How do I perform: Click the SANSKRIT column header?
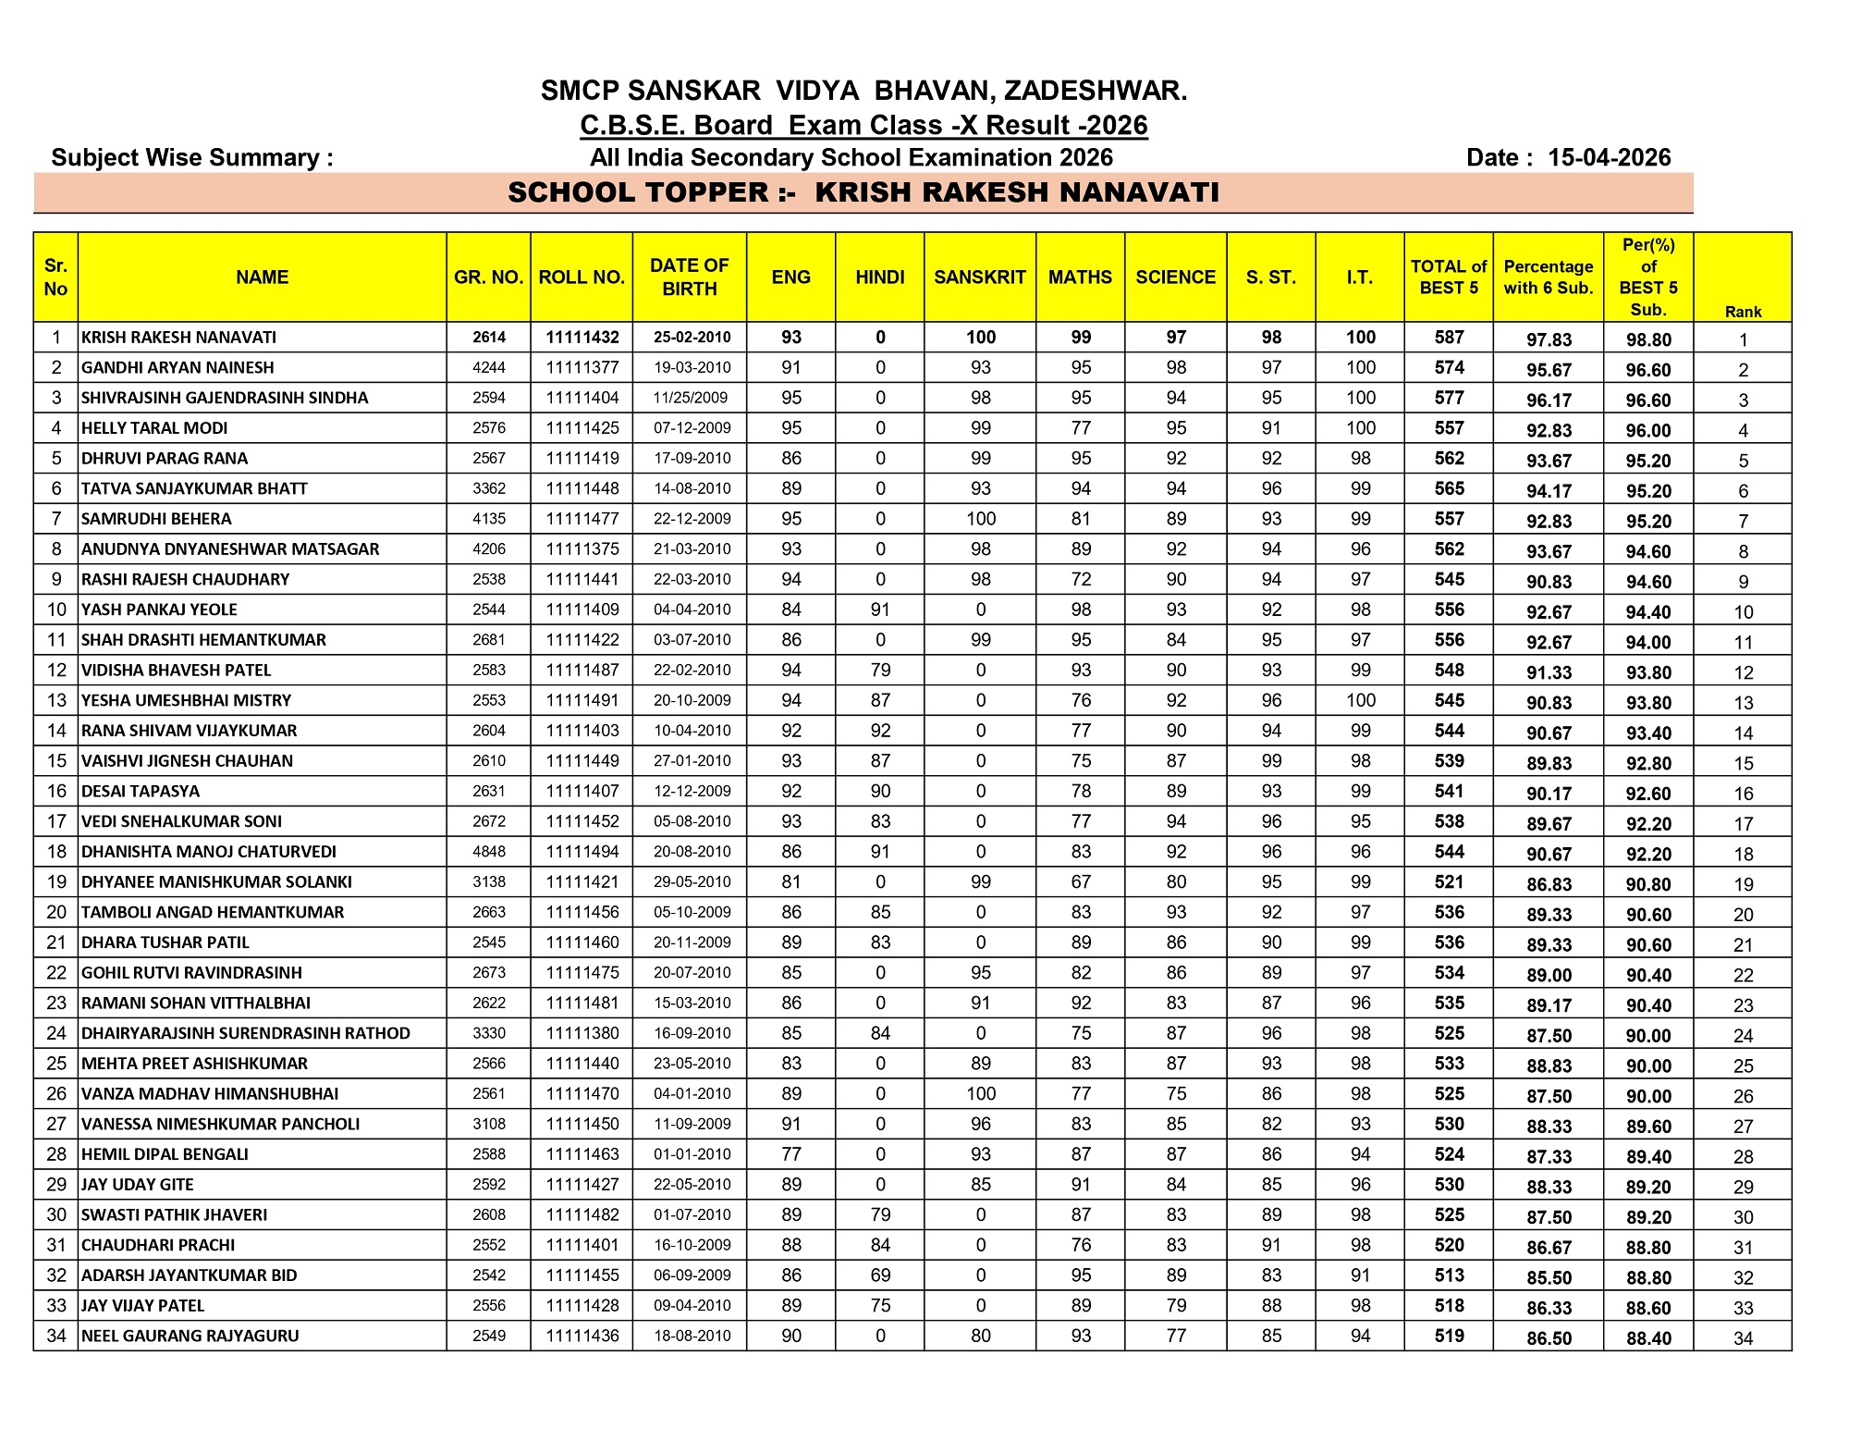[979, 277]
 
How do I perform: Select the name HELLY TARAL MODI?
[154, 428]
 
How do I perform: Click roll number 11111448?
[582, 488]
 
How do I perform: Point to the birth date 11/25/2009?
[691, 398]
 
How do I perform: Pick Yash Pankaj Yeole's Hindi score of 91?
[879, 610]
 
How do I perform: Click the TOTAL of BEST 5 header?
[1448, 277]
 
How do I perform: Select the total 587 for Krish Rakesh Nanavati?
[1449, 338]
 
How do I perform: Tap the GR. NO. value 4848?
[489, 852]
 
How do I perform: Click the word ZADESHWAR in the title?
[1095, 91]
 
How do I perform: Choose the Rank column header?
[1743, 312]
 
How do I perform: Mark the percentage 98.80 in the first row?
[1648, 339]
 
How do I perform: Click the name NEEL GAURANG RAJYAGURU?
[190, 1336]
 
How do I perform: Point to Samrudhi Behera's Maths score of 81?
[1080, 519]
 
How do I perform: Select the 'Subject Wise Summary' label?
[192, 157]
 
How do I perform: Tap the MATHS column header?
[1080, 277]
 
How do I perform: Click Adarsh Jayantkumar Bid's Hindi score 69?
[879, 1275]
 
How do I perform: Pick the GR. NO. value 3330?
[489, 1033]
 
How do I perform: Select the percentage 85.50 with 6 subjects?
[1549, 1277]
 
